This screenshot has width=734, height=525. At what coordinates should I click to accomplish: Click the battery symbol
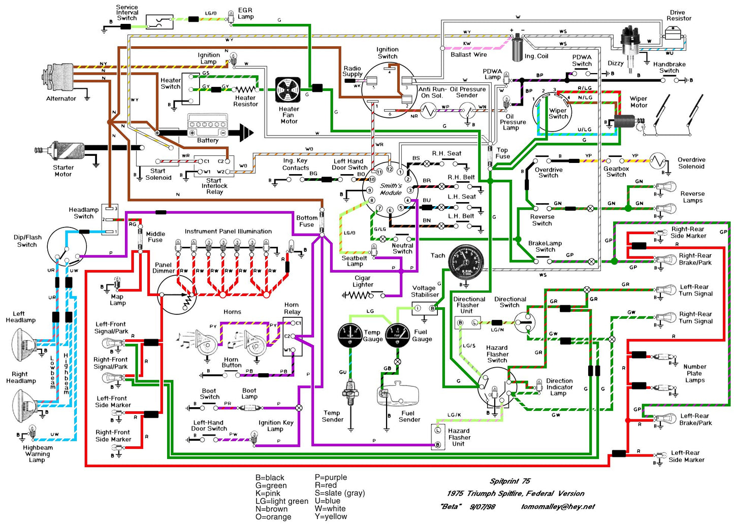(208, 125)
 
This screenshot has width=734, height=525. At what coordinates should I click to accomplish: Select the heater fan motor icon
(288, 90)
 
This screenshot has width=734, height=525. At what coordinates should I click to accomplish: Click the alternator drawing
(60, 78)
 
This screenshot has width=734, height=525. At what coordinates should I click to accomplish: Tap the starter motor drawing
(63, 151)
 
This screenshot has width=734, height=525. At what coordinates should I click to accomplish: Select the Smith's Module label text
(391, 189)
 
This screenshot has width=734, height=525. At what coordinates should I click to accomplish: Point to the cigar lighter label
(363, 281)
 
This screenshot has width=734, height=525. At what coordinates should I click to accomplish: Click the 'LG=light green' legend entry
(281, 501)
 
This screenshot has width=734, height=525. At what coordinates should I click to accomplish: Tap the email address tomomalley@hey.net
(558, 507)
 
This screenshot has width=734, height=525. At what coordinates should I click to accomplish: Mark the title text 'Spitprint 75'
(510, 481)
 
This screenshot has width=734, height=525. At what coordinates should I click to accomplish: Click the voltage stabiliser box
(425, 308)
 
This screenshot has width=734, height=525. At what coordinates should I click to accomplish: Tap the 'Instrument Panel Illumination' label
(228, 232)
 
